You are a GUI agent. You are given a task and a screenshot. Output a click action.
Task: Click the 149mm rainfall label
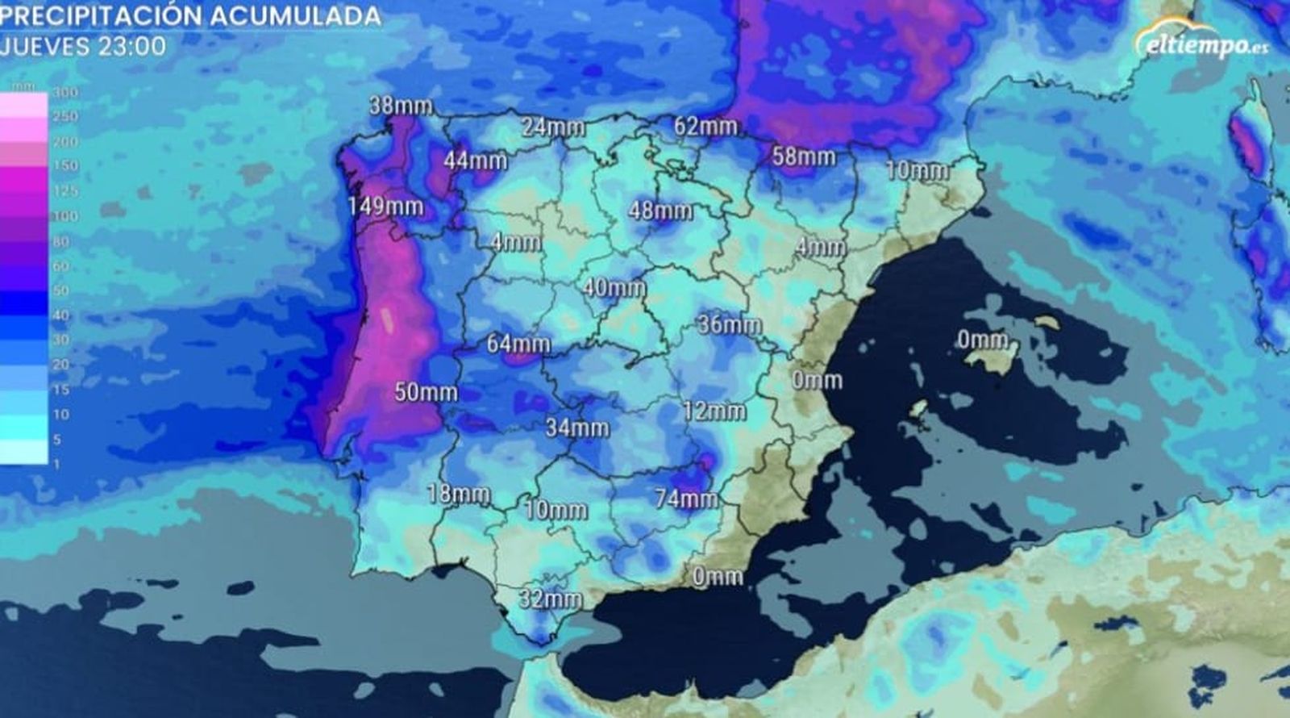tap(385, 207)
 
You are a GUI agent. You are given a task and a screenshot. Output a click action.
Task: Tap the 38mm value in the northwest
tap(401, 106)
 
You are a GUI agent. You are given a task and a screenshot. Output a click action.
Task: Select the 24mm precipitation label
tap(552, 127)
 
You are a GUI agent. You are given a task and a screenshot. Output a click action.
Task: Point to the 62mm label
tap(706, 126)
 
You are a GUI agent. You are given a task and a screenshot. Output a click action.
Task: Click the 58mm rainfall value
tap(803, 157)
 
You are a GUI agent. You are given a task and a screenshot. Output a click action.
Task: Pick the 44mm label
tap(475, 161)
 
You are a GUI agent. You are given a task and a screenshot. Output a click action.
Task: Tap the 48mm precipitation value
tap(660, 211)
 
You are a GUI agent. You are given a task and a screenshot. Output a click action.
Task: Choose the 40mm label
tap(614, 288)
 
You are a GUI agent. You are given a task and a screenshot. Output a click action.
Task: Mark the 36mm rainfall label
tap(729, 325)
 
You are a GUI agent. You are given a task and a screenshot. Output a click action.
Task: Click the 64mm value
tap(518, 344)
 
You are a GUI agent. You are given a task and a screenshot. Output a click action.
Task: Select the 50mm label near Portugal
tap(426, 393)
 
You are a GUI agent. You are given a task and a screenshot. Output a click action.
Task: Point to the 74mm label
tap(686, 499)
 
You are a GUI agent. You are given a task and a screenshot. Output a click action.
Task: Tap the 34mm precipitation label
tap(576, 428)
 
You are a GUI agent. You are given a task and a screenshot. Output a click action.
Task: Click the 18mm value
tap(458, 495)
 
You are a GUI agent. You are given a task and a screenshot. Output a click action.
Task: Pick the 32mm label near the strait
tap(550, 599)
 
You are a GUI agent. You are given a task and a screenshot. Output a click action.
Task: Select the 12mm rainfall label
tap(714, 411)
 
